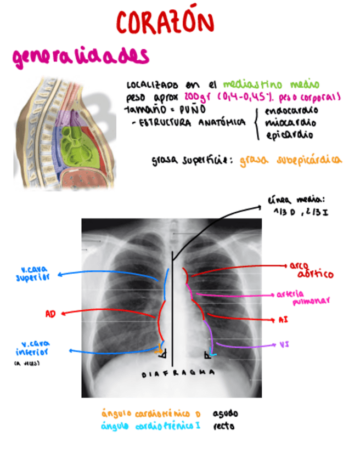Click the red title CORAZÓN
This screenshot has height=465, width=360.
coord(165,23)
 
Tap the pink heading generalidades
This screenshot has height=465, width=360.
coord(80,56)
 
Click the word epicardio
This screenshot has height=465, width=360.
coord(289,134)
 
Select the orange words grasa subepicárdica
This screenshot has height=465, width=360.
coord(290,160)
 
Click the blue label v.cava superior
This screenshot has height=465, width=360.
coord(32,273)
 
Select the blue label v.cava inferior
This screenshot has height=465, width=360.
coord(32,348)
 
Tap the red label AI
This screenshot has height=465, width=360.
coord(283,319)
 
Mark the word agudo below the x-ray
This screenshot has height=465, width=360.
coord(225,413)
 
